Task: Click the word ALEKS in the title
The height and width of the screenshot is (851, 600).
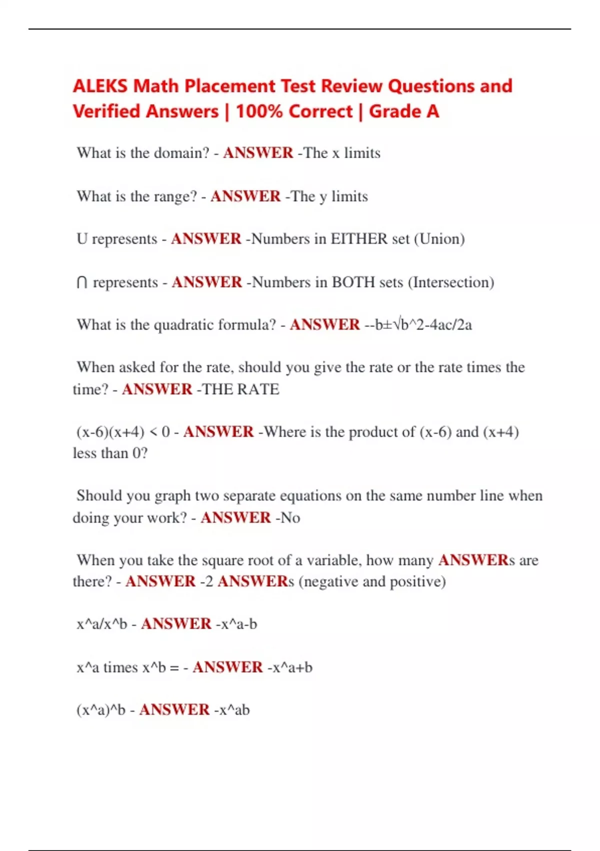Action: click(x=100, y=86)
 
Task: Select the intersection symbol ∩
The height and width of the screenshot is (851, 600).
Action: click(x=82, y=283)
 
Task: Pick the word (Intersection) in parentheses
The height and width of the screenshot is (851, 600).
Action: click(x=451, y=282)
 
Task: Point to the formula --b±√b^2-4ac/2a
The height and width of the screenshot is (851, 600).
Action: click(x=418, y=325)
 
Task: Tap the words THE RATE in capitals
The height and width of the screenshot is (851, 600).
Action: click(x=240, y=389)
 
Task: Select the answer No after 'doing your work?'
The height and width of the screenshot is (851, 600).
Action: click(x=290, y=517)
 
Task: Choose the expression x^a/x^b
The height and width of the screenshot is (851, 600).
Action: click(x=102, y=624)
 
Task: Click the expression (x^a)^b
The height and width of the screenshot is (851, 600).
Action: click(x=101, y=710)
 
